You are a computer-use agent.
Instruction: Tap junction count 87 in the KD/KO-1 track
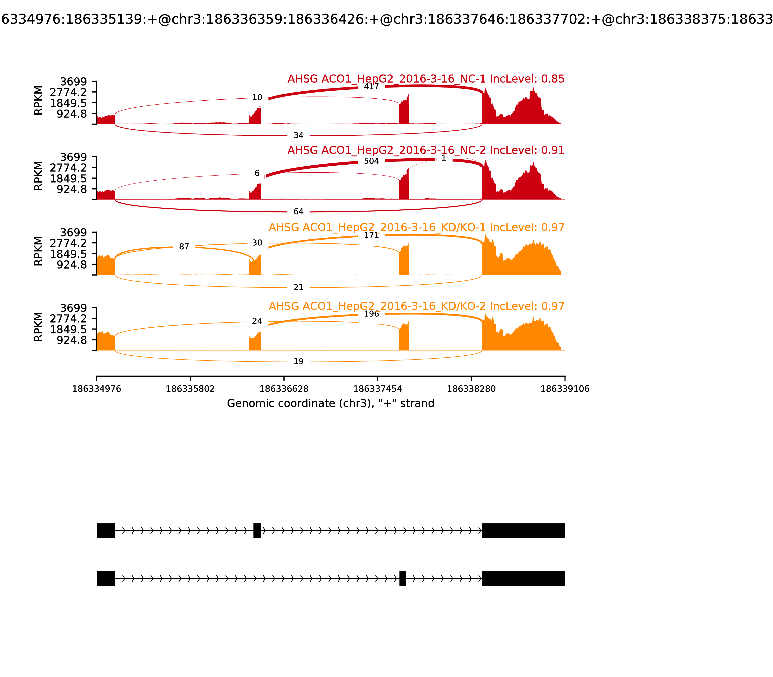[x=184, y=247]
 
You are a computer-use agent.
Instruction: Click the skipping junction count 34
[x=298, y=135]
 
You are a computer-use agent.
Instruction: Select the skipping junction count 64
[x=298, y=212]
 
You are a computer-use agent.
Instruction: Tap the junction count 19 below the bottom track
[x=298, y=361]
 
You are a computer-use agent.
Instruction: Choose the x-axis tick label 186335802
[x=190, y=389]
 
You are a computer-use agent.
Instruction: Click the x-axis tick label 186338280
[x=471, y=389]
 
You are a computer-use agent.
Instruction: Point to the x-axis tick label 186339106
[x=565, y=389]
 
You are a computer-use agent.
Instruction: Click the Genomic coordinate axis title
[x=331, y=404]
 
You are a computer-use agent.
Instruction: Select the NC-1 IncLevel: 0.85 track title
[x=426, y=79]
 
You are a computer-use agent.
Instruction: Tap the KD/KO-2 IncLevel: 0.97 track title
[x=416, y=306]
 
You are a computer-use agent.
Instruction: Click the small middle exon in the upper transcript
[x=257, y=530]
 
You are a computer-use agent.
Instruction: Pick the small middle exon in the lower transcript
[x=402, y=578]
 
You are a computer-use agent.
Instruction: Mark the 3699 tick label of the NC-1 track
[x=74, y=82]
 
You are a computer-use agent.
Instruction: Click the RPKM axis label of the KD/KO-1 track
[x=38, y=251]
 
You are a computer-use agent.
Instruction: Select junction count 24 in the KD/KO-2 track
[x=257, y=321]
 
